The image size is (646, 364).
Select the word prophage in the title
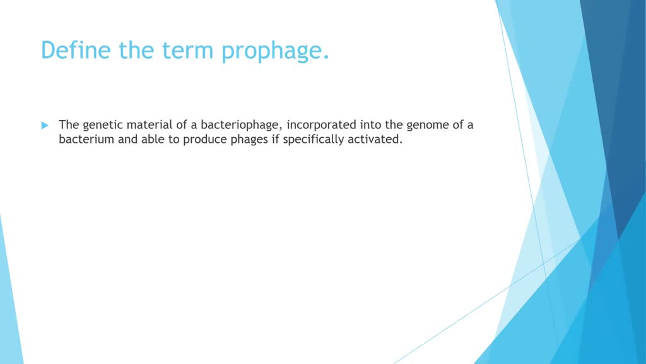[x=275, y=51]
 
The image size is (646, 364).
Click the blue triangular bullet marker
[x=45, y=125]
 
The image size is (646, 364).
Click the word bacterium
[x=86, y=140]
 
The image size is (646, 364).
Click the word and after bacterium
[x=127, y=140]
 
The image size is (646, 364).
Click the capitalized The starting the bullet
[x=69, y=124]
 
